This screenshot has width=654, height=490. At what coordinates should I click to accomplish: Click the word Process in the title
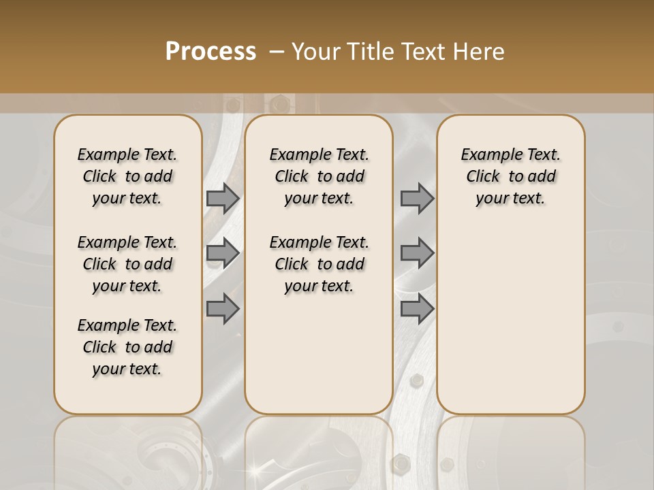coord(211,52)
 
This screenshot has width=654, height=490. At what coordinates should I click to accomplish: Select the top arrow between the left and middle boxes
coord(223,198)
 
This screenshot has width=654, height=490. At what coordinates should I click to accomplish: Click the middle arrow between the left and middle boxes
coord(223,253)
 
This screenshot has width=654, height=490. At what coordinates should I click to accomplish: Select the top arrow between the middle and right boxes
coord(417,198)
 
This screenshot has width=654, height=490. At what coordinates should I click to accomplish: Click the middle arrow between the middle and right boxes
coord(417,253)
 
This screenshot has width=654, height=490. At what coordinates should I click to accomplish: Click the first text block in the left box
coord(127,176)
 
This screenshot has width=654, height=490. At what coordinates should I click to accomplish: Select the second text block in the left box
coord(127,264)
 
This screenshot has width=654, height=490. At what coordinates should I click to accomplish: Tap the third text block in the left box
coord(127,347)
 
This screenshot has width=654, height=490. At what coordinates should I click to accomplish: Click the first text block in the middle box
coord(319,176)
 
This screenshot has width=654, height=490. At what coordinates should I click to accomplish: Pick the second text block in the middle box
coord(319,264)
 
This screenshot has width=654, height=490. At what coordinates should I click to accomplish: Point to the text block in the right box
coord(510,176)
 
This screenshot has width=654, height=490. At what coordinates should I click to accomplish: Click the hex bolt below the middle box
coord(401,464)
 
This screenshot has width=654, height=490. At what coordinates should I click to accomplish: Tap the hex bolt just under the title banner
coord(279,104)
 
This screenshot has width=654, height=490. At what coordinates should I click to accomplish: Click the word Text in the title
coord(420,52)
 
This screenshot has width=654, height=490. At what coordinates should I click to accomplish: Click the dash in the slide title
coord(275,52)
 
